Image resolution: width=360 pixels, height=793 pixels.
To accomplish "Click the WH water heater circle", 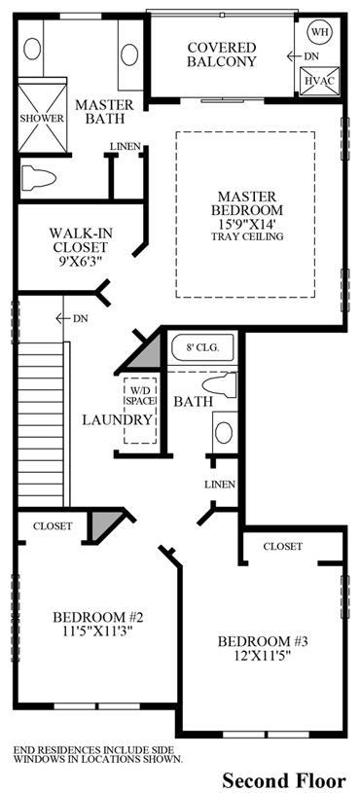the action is pos(319,32).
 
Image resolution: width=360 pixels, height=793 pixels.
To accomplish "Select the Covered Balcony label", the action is pos(222,54).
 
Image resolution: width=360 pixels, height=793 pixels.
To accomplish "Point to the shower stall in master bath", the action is pos(43,119).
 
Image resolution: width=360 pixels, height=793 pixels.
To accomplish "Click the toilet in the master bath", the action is pos(38,178).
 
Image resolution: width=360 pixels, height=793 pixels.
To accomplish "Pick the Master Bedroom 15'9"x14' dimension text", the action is pos(247,223).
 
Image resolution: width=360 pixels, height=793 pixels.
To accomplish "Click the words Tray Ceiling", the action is pos(247,236).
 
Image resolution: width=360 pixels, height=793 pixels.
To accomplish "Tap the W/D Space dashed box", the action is pos(140,411).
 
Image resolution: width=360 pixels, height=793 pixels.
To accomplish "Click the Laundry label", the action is pos(118,419).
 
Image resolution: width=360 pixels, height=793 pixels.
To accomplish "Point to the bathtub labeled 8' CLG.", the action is pos(202,349).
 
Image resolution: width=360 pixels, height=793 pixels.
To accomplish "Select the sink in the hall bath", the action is pos(224,432).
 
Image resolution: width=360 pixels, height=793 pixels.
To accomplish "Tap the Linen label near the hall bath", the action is pos(220,485).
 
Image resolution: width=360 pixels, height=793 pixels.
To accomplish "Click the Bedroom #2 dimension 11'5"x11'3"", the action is pos(99,631).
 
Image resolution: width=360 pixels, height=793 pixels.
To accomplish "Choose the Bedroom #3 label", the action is pos(263,642).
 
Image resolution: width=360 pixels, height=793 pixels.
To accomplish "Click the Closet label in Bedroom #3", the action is pos(283,546).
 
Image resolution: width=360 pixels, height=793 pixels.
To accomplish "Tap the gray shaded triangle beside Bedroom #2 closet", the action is pos(102,523).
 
